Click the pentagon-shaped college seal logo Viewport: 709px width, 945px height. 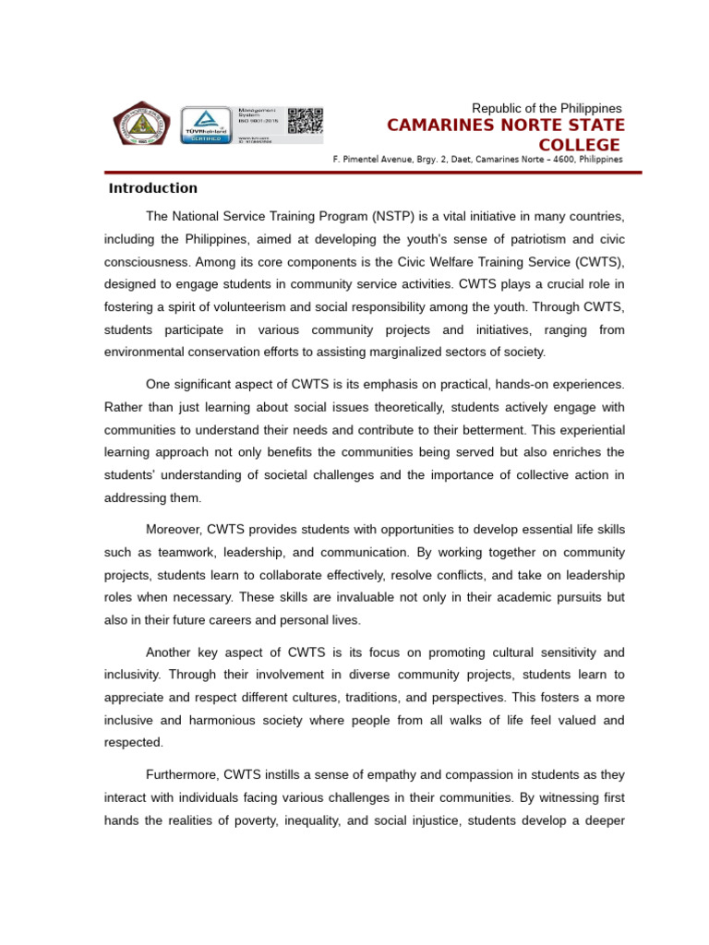[141, 125]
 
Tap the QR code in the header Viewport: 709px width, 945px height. [305, 122]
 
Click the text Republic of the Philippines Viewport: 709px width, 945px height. [547, 108]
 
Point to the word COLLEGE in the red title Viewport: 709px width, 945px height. [579, 145]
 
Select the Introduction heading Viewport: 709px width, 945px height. [153, 188]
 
